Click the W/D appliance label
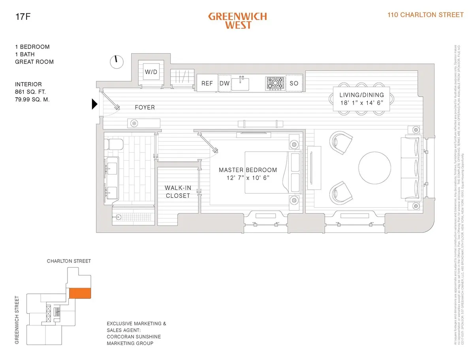point(150,72)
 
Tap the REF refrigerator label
point(207,83)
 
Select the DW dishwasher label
point(224,83)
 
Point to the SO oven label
point(294,83)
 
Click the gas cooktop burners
point(276,83)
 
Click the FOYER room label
point(145,107)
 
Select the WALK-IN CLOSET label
point(178,191)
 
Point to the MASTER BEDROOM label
point(248,170)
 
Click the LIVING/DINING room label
point(361,95)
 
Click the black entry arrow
point(94,104)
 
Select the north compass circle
point(116,61)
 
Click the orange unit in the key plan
point(80,293)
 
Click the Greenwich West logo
point(237,21)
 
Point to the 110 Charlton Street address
point(425,15)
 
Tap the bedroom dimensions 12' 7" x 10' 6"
point(248,178)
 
